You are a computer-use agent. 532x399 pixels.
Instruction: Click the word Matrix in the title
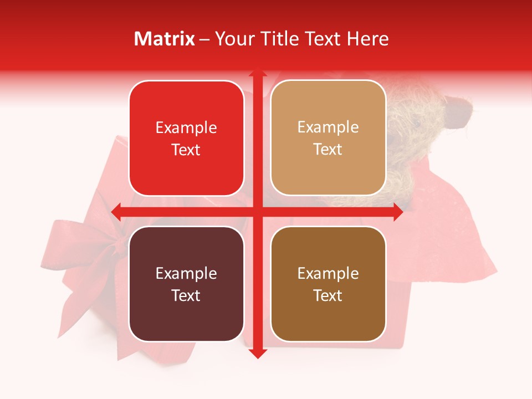tap(165, 39)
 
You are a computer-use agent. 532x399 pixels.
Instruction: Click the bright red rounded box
tap(186, 138)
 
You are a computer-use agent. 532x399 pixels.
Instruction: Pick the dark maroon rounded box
tap(186, 284)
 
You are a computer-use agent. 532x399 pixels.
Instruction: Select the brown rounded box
tap(328, 284)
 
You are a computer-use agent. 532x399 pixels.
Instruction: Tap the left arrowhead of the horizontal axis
tap(116, 212)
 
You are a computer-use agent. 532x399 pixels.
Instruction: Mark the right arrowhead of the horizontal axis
tap(398, 212)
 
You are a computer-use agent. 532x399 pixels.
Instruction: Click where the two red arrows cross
tap(257, 212)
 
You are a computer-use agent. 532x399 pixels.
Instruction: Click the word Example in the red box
tap(186, 128)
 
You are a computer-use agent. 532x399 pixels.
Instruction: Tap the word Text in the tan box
tap(328, 149)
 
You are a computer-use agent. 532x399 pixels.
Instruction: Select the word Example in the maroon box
tap(186, 273)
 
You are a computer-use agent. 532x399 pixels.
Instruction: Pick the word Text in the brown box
tap(328, 295)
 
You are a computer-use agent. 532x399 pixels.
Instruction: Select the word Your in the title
tap(232, 39)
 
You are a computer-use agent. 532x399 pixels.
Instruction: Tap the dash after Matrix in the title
tap(204, 39)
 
